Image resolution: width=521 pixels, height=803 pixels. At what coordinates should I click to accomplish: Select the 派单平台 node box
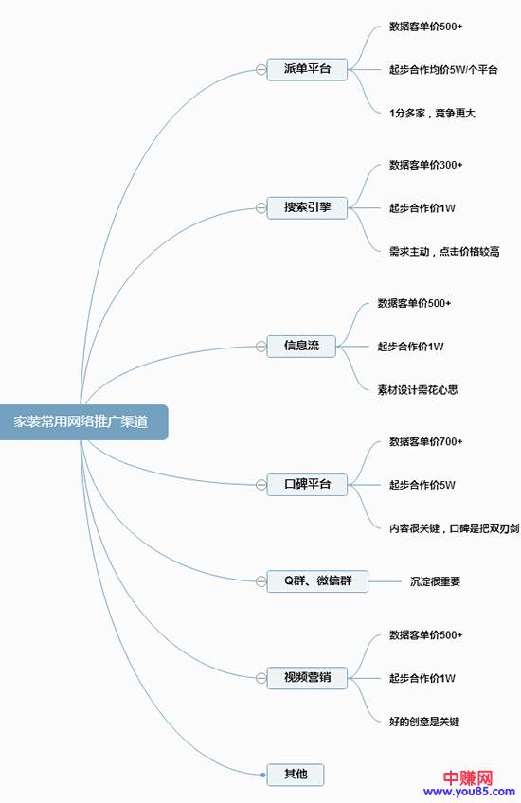tap(307, 69)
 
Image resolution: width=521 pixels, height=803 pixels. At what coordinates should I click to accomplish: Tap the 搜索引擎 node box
tap(307, 207)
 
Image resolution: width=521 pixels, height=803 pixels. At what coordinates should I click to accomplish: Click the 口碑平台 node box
tap(307, 484)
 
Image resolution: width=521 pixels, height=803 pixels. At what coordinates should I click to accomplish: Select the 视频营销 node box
tap(307, 677)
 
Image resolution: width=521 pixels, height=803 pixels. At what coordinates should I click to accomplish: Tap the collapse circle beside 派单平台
tap(260, 69)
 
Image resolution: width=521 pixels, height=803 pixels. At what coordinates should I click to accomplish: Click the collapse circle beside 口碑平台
tap(260, 484)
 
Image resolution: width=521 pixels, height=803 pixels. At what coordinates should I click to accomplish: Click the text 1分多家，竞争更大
tap(432, 113)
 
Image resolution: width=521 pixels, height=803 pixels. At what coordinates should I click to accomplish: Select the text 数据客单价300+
tap(425, 165)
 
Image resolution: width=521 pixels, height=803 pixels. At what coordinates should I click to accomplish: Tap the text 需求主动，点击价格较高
tap(443, 251)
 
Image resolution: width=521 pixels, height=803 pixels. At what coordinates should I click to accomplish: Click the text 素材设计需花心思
tap(418, 389)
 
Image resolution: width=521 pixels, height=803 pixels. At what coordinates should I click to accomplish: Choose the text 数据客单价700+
tap(425, 441)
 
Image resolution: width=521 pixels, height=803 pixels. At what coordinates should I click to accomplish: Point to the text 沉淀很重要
tap(435, 580)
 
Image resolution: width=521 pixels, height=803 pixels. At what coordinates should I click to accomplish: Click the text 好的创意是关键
tap(424, 721)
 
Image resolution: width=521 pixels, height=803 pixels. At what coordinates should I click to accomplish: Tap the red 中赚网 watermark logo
tap(468, 776)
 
